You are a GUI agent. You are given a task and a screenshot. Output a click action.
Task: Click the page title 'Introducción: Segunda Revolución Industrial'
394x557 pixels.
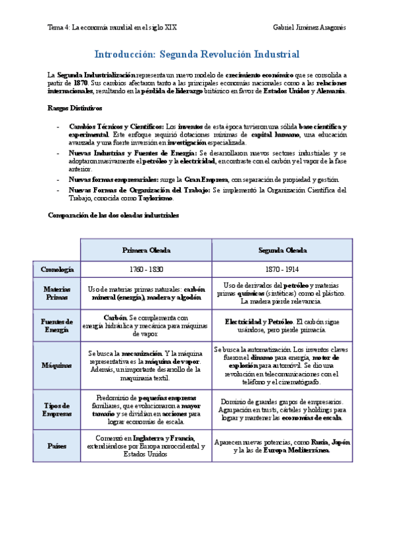197,54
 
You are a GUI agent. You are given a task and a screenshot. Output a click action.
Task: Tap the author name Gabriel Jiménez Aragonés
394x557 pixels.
308,28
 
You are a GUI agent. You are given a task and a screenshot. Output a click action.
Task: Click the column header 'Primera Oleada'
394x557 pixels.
146,250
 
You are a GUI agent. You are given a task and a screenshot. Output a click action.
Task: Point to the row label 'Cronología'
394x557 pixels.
57,269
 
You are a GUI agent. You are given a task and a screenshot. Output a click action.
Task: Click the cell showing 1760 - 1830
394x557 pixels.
146,269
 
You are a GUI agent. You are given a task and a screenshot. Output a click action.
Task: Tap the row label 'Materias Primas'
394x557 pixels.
57,293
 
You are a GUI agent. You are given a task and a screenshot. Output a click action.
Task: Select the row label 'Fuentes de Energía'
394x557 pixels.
57,326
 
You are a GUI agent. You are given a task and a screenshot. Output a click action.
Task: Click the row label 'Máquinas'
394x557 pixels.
57,365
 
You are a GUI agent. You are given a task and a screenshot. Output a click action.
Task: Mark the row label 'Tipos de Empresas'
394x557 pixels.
57,409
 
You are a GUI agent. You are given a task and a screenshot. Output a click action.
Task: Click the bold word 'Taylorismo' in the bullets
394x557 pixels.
156,198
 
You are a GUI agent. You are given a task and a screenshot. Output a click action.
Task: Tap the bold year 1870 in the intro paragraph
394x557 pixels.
80,83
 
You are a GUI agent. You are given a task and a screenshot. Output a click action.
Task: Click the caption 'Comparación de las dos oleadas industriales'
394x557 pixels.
113,215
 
